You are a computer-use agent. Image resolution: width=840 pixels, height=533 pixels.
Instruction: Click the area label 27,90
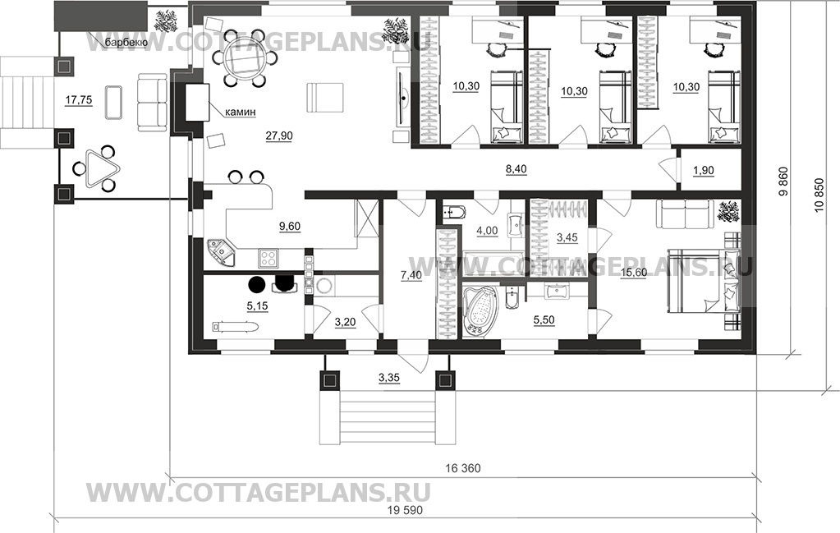[x=279, y=136]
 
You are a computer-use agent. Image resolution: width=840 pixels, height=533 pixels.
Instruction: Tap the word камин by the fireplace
[x=240, y=112]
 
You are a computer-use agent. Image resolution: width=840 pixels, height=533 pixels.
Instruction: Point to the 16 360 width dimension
[x=463, y=468]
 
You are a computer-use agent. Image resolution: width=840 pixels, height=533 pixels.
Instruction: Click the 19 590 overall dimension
[x=405, y=510]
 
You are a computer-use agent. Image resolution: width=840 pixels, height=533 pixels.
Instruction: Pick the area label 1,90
[x=704, y=170]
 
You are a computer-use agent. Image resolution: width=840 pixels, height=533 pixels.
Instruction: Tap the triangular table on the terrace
[x=98, y=168]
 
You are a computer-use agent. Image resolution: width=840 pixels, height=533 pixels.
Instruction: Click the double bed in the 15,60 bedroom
[x=702, y=279]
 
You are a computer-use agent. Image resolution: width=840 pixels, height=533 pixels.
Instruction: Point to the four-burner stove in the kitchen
[x=269, y=258]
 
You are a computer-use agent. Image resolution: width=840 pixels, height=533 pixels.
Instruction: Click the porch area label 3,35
[x=389, y=378]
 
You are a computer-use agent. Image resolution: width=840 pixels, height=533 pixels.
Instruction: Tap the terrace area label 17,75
[x=78, y=99]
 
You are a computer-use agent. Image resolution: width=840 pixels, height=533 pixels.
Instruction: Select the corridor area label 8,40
[x=516, y=169]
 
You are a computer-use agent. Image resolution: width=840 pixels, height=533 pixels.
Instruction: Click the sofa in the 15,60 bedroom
[x=686, y=214]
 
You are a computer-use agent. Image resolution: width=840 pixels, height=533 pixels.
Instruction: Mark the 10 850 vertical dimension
[x=819, y=195]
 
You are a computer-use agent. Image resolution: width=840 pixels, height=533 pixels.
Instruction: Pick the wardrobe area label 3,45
[x=567, y=237]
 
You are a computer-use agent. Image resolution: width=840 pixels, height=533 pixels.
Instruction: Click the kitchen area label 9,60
[x=290, y=227]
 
